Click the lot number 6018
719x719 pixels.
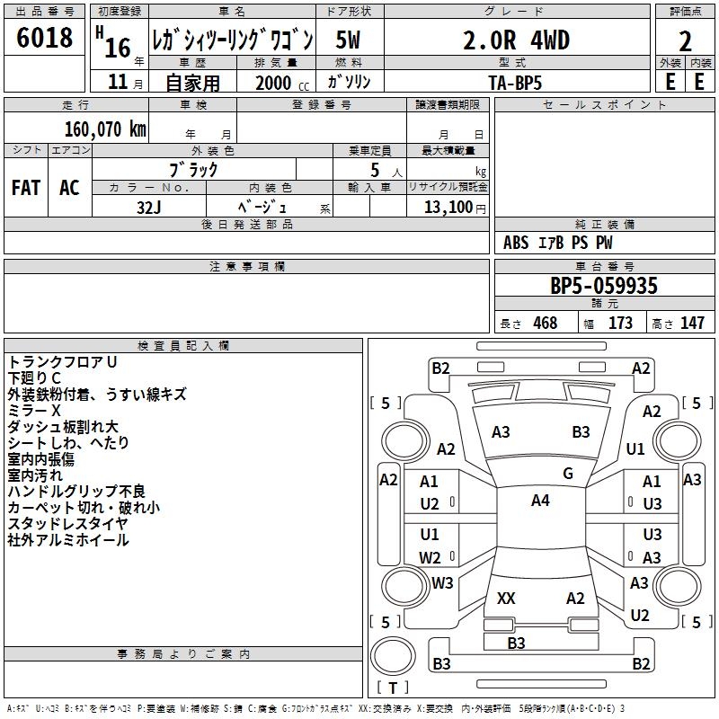45,38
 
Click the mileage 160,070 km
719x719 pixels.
105,129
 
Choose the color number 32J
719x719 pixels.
149,206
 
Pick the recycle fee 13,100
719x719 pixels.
443,207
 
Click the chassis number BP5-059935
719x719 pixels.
604,286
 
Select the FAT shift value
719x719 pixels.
26,188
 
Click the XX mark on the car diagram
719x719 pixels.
506,598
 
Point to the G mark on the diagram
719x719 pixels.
568,474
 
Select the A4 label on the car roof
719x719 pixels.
539,501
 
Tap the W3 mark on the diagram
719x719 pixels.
442,582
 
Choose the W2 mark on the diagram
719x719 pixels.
430,557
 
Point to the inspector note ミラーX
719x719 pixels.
34,410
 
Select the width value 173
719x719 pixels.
620,323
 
